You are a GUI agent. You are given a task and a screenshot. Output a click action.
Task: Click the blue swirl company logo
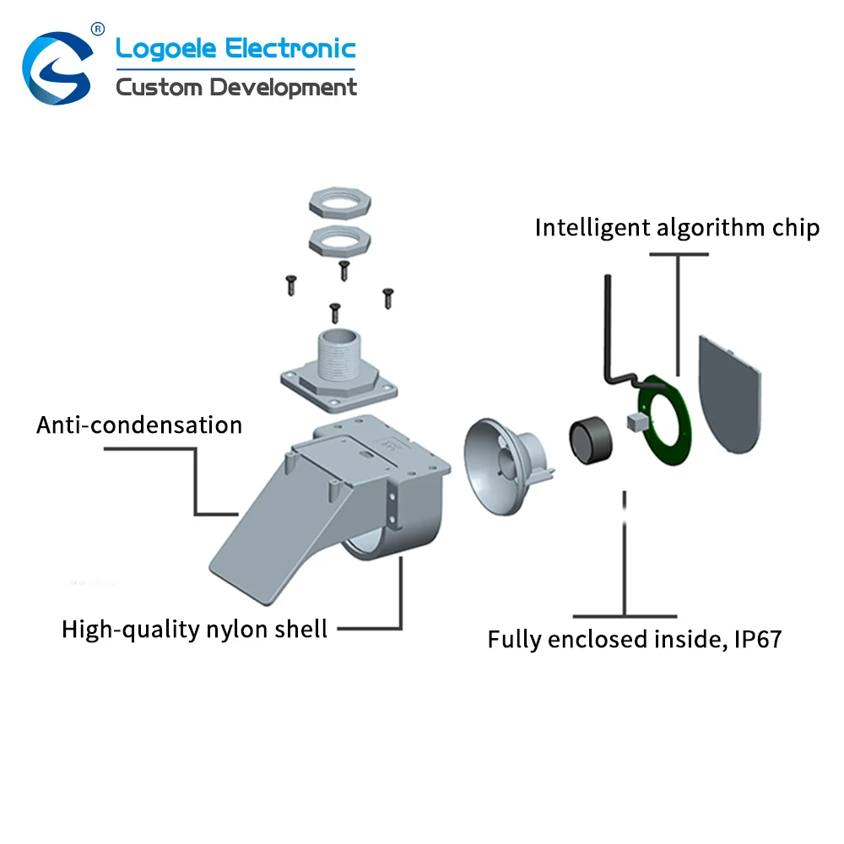tap(57, 68)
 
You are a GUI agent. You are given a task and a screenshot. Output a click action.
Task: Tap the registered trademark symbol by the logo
tap(97, 29)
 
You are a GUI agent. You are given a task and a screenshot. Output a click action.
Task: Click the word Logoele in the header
tap(165, 50)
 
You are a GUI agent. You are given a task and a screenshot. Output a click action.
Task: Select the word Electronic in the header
tap(290, 48)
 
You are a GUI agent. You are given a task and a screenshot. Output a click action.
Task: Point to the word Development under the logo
tap(283, 88)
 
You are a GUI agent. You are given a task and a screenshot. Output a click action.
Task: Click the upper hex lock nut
tap(340, 203)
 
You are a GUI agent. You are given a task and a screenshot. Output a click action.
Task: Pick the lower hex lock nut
tap(340, 240)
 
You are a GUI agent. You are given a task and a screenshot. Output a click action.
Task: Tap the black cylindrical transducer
tap(591, 440)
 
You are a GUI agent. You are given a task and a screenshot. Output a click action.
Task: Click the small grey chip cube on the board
tap(636, 422)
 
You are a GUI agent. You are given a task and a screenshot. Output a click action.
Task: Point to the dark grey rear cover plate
tap(729, 394)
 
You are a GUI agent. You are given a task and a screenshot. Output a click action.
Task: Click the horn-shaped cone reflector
tap(503, 465)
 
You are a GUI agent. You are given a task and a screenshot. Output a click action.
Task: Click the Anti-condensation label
tap(139, 425)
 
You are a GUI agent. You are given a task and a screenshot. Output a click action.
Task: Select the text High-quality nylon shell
tap(194, 630)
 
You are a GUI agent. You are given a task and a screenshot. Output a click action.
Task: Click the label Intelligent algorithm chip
tap(677, 228)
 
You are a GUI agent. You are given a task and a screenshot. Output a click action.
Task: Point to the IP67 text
tap(758, 640)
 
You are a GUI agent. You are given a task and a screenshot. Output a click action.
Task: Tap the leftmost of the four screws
tap(291, 285)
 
